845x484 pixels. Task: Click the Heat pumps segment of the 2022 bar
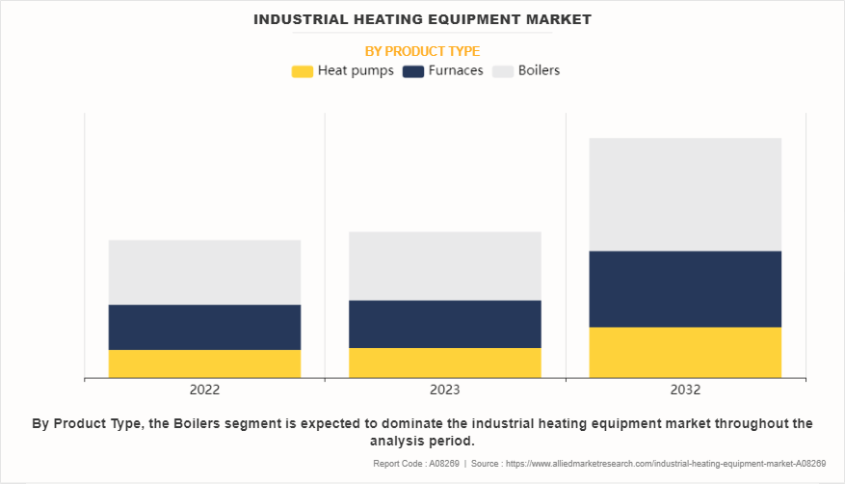click(204, 363)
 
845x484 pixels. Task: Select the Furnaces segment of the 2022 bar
click(204, 327)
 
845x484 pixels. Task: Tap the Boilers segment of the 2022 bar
click(204, 272)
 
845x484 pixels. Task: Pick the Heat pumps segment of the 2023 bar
click(444, 363)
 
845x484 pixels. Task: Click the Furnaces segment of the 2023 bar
click(444, 324)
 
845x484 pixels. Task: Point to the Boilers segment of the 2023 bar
click(444, 266)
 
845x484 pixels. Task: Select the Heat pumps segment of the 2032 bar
click(685, 352)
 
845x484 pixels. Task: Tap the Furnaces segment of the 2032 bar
click(685, 289)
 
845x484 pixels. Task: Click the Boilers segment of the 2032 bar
click(685, 195)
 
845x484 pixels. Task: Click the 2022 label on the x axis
click(204, 390)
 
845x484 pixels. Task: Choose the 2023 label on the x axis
click(444, 390)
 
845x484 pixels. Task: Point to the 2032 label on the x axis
click(685, 390)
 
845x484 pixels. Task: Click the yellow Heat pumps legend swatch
click(302, 71)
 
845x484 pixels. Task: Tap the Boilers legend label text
click(539, 70)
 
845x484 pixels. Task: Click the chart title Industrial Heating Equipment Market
click(422, 18)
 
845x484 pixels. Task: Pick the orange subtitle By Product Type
click(422, 51)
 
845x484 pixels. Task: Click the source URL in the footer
click(666, 464)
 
